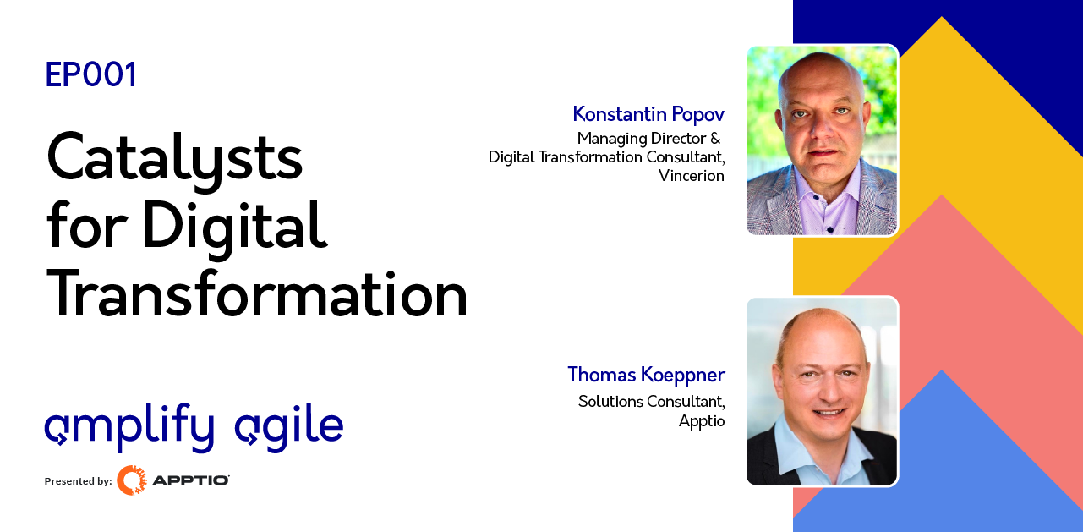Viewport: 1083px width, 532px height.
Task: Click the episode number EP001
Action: pyautogui.click(x=91, y=75)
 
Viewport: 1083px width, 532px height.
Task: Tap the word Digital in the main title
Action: pyautogui.click(x=234, y=227)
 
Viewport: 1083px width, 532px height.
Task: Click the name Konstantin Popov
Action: pyautogui.click(x=648, y=114)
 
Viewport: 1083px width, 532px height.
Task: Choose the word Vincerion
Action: pyautogui.click(x=692, y=176)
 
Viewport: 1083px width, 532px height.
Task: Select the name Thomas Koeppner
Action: pyautogui.click(x=646, y=375)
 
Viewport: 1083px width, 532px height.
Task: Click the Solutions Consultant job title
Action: pyautogui.click(x=651, y=401)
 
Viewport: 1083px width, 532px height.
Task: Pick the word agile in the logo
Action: pyautogui.click(x=289, y=427)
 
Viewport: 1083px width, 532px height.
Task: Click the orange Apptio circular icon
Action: pyautogui.click(x=131, y=480)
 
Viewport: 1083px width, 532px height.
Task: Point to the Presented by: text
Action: pyautogui.click(x=78, y=481)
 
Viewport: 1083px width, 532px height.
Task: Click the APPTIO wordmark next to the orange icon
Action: pyautogui.click(x=190, y=480)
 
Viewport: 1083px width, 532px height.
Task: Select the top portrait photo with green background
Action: pyautogui.click(x=821, y=140)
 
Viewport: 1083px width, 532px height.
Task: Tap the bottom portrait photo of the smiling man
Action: pyautogui.click(x=821, y=391)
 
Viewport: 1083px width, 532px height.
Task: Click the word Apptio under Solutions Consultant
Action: pyautogui.click(x=701, y=420)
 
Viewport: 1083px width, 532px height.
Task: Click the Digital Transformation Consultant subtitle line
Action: pyautogui.click(x=606, y=156)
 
